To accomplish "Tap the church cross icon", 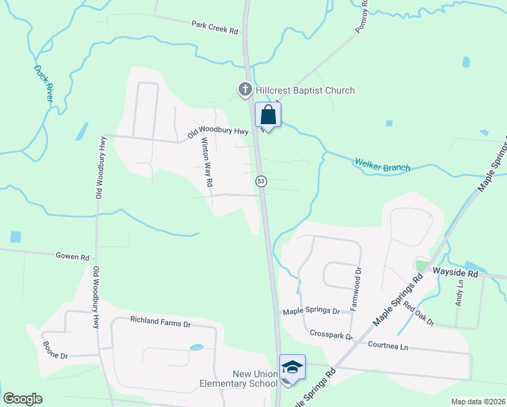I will tap(245, 89).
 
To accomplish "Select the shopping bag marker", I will tap(268, 115).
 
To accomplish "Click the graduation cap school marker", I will tap(292, 368).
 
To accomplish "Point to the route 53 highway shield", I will tap(261, 181).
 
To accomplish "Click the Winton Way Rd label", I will tap(207, 163).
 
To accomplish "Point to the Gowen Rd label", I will tap(73, 257).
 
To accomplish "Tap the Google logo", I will tap(22, 399).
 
